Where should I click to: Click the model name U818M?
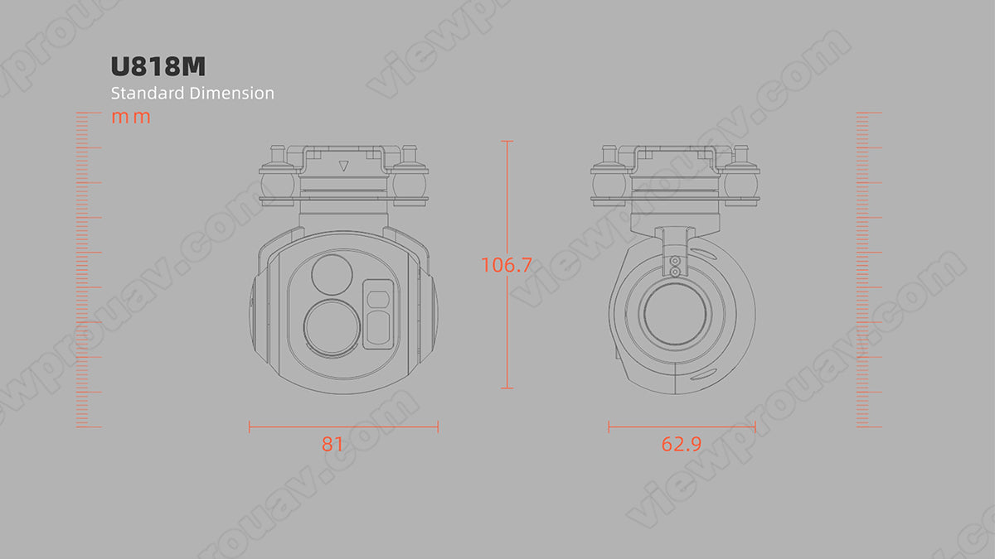pyautogui.click(x=157, y=66)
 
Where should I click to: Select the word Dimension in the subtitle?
pyautogui.click(x=231, y=93)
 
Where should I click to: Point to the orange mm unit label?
pyautogui.click(x=131, y=117)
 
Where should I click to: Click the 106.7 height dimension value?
pyautogui.click(x=507, y=265)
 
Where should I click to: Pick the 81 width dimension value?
pyautogui.click(x=332, y=444)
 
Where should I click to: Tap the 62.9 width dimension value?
pyautogui.click(x=682, y=444)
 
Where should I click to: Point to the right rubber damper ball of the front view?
pyautogui.click(x=410, y=181)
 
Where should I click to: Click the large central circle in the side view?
pyautogui.click(x=675, y=317)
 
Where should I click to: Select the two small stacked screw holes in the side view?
pyautogui.click(x=675, y=265)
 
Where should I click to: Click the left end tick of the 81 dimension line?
pyautogui.click(x=250, y=427)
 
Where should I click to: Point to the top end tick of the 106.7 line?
pyautogui.click(x=507, y=142)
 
